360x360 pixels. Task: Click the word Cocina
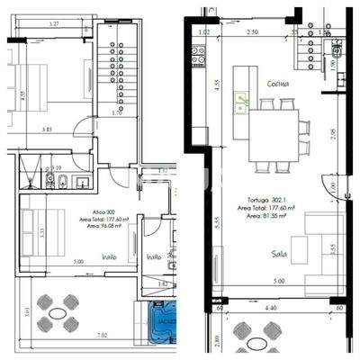pos(276,84)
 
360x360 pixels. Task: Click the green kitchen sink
pos(241,102)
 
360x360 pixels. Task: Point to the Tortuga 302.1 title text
pos(262,201)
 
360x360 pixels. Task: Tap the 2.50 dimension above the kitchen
pos(253,32)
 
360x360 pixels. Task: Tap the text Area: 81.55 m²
pos(264,216)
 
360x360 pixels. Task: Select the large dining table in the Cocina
pos(274,133)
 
